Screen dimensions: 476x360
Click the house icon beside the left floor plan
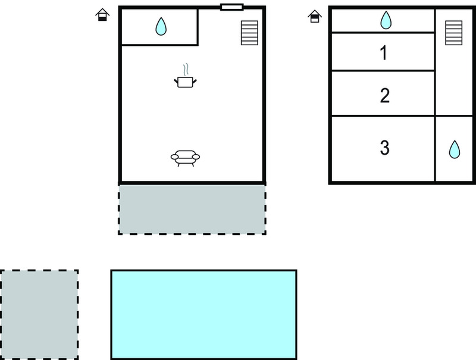[x=102, y=14]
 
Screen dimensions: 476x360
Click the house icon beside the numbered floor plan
[x=315, y=16]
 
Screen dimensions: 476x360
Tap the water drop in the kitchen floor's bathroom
[x=161, y=26]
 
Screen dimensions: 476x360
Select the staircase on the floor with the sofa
[x=249, y=33]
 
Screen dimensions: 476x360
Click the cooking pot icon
[x=185, y=82]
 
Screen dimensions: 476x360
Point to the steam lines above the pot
[x=186, y=70]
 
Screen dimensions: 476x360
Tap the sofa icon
[x=185, y=158]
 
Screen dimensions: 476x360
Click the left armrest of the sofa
[x=174, y=156]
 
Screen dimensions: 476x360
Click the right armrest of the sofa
[x=196, y=156]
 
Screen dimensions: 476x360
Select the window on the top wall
[x=232, y=7]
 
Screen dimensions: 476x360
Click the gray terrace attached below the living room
[x=192, y=209]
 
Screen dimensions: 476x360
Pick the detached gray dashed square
[x=39, y=314]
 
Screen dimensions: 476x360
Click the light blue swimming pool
[x=203, y=314]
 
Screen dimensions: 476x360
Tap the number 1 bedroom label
[x=384, y=53]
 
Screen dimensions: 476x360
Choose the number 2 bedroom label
[x=384, y=95]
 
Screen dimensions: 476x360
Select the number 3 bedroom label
[x=384, y=148]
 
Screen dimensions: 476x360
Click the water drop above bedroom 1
[x=386, y=20]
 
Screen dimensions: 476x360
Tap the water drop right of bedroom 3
[x=455, y=149]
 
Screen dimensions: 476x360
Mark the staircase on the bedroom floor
[x=454, y=33]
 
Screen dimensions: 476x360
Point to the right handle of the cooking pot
[x=195, y=81]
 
